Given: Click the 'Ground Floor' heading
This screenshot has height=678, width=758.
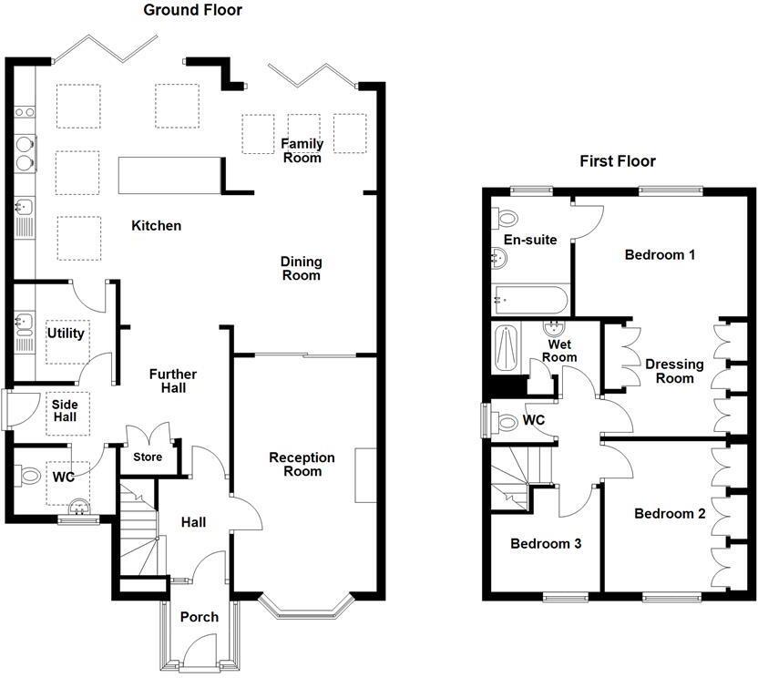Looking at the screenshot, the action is click(x=192, y=11).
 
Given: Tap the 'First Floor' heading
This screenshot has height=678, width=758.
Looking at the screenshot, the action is click(x=618, y=161).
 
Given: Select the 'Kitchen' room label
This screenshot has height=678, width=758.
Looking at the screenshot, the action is click(x=157, y=225).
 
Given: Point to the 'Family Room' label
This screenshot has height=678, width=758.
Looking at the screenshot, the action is click(x=302, y=150).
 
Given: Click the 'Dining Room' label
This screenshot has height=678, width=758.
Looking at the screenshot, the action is click(x=301, y=268).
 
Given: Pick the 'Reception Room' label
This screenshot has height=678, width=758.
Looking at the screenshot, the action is click(x=302, y=464).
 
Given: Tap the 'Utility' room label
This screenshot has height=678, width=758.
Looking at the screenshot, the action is click(x=66, y=334).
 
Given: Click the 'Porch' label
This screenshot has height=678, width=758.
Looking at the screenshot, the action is click(x=199, y=617).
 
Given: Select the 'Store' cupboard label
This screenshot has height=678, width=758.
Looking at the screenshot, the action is click(x=148, y=457).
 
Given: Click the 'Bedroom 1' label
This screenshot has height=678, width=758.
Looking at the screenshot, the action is click(x=660, y=255).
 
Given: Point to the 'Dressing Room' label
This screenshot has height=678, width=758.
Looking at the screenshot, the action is click(x=674, y=371).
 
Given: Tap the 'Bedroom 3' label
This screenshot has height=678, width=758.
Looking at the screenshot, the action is click(x=546, y=544).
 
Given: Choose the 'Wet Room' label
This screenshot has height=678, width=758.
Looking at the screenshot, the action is click(x=559, y=351).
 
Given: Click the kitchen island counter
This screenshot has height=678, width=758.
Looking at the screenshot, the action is click(x=170, y=175).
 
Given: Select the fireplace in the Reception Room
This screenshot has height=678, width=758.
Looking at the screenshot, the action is click(x=366, y=475).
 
